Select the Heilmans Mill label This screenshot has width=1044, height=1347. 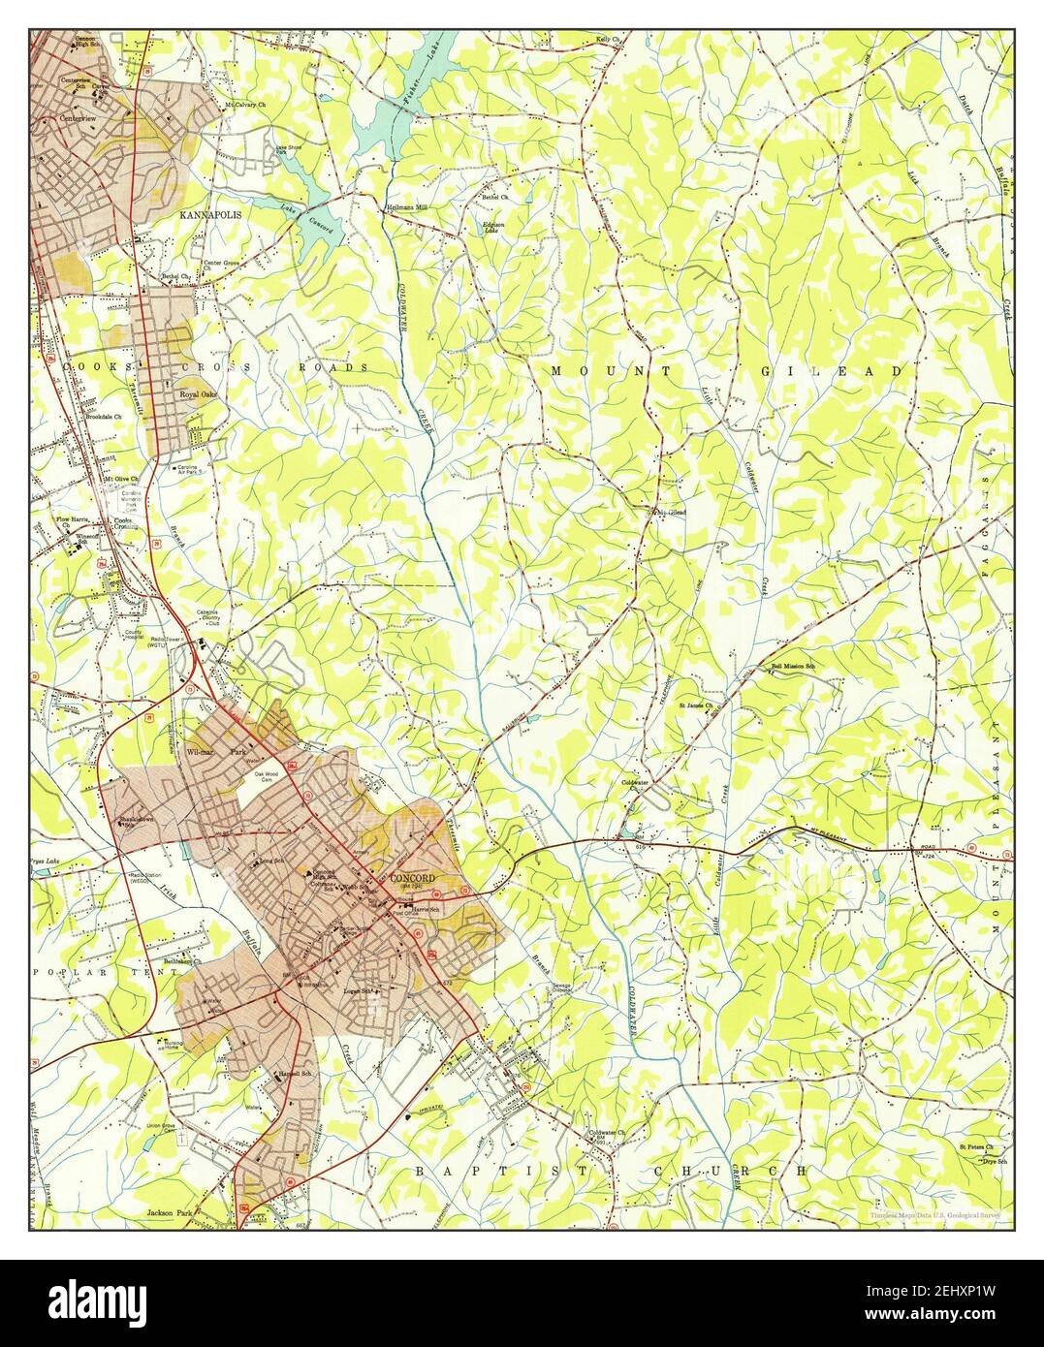tap(405, 208)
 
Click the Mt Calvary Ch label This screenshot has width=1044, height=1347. tap(245, 105)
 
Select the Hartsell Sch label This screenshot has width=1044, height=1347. tap(293, 1074)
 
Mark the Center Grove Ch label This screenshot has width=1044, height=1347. tap(220, 264)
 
